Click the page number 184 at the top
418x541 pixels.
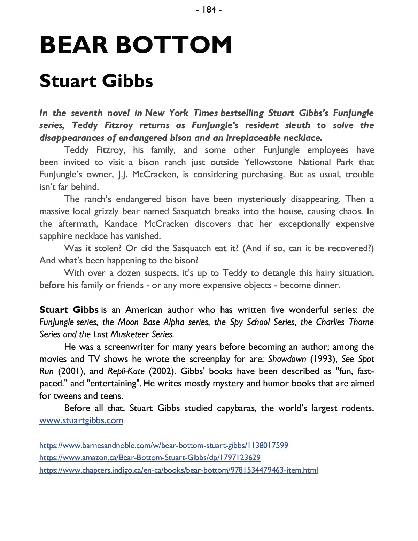(x=209, y=10)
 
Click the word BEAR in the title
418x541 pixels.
(x=74, y=45)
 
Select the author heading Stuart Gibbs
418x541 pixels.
(x=96, y=81)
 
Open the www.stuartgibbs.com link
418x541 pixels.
(x=81, y=420)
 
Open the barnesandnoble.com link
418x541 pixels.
(x=164, y=445)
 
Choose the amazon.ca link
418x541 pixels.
(x=150, y=457)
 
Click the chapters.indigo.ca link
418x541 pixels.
(x=179, y=470)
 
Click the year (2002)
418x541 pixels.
(x=162, y=371)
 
